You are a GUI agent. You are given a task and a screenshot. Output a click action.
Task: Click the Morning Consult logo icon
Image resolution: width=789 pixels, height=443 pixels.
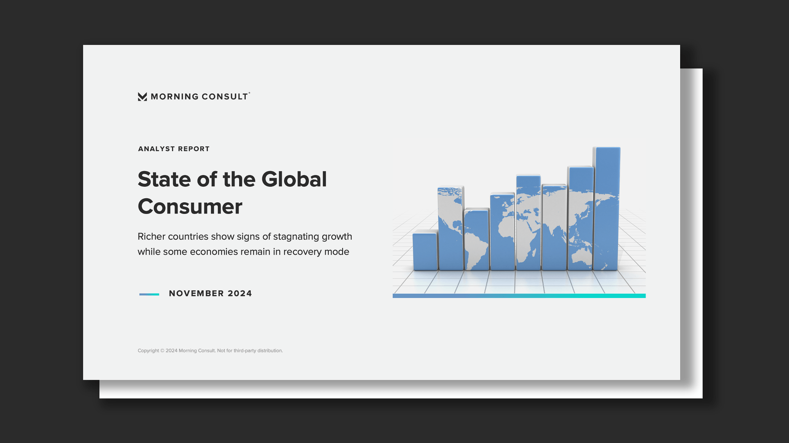tap(142, 96)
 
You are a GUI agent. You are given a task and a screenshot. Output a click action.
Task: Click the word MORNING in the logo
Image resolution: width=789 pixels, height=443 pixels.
tap(175, 96)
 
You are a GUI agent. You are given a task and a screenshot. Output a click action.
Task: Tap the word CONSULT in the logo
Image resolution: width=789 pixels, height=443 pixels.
tap(225, 96)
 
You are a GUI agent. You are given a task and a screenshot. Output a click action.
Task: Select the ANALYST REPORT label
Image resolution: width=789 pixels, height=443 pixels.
tap(174, 149)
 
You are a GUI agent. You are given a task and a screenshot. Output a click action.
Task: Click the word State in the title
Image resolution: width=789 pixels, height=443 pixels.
tap(164, 179)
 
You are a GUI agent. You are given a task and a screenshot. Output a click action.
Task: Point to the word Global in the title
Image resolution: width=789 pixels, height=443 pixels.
tap(294, 179)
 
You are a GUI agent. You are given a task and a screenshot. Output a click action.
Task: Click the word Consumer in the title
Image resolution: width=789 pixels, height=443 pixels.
tap(190, 207)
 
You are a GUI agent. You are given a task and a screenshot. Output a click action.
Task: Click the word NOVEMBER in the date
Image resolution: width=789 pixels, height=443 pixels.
tap(196, 294)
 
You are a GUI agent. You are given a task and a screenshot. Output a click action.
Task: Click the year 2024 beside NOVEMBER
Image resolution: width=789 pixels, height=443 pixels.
tap(240, 294)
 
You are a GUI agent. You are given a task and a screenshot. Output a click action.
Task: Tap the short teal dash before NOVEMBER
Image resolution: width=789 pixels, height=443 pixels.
tap(149, 294)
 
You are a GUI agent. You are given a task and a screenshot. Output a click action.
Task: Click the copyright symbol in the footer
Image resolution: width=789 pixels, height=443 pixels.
tap(162, 351)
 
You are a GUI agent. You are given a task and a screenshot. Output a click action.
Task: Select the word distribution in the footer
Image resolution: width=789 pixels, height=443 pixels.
tap(270, 351)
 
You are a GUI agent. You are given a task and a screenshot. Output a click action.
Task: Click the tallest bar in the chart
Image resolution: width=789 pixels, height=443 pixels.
tap(607, 209)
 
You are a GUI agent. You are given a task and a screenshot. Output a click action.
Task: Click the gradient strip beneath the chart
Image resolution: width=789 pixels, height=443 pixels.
tap(519, 296)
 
